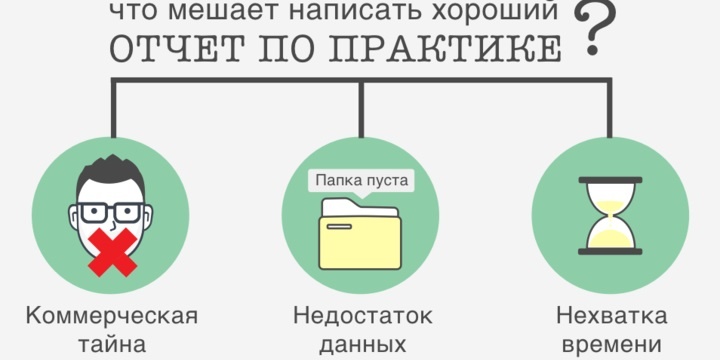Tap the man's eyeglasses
point(110,212)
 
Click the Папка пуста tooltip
point(360,181)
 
